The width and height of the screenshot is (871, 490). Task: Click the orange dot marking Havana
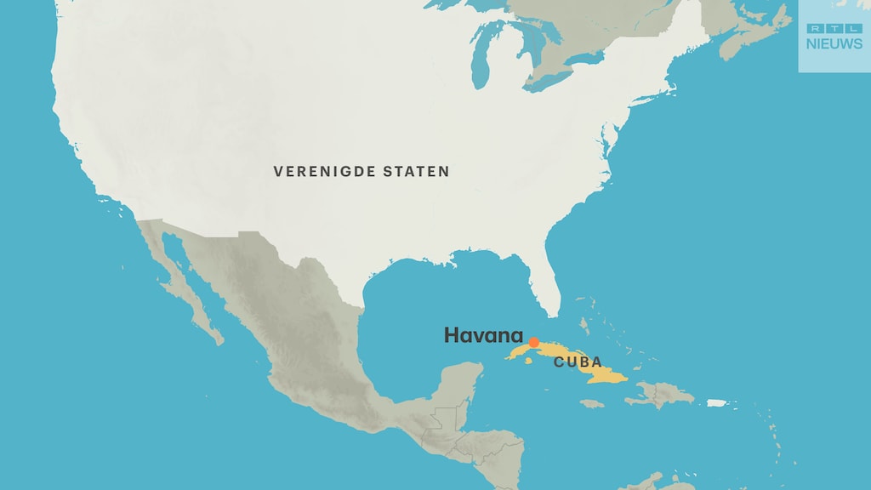(533, 343)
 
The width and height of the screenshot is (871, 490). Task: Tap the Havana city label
(483, 335)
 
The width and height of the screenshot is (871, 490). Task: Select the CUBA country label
(578, 362)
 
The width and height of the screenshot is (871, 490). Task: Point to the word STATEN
(417, 172)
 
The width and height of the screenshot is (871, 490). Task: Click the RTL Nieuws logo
(834, 36)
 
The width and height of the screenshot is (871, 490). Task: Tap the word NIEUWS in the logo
(834, 43)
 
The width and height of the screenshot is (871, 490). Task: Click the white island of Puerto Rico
(718, 403)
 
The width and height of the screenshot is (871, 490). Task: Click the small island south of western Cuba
(528, 361)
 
